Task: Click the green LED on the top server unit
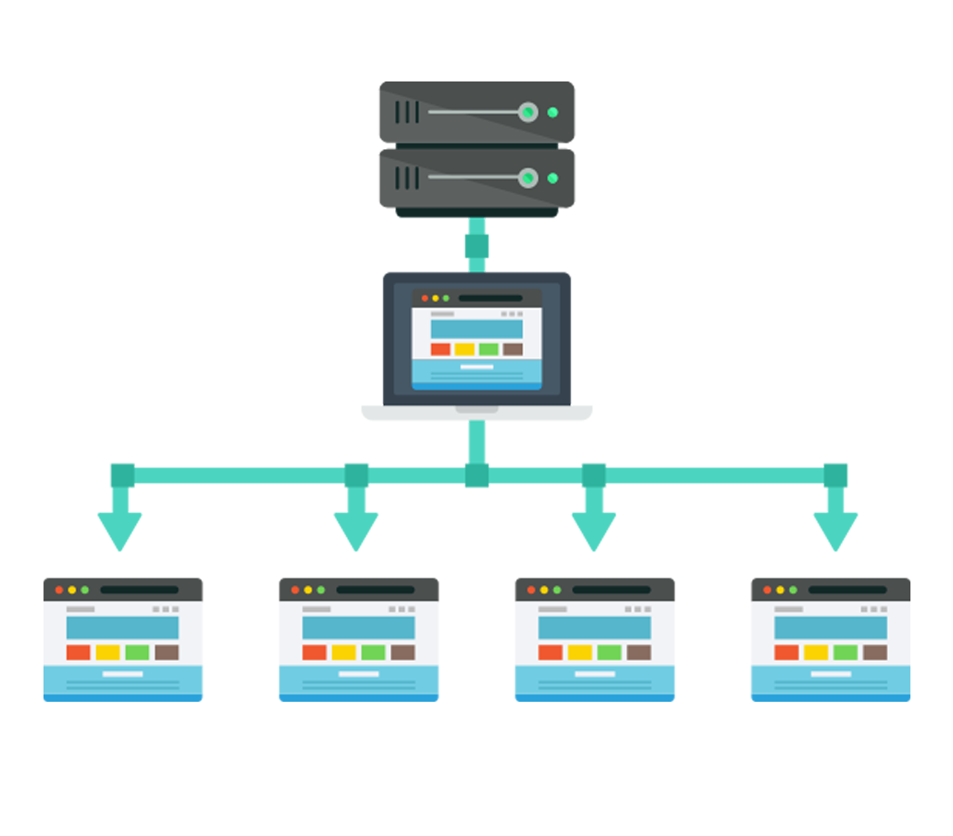click(x=552, y=112)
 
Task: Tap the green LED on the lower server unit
click(x=552, y=178)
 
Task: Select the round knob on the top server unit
click(x=527, y=112)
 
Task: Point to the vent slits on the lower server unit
click(x=407, y=178)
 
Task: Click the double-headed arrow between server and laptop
click(x=476, y=245)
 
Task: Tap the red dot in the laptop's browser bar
click(x=425, y=298)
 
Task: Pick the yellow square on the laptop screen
click(x=464, y=349)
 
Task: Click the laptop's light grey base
click(x=476, y=413)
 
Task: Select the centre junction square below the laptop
click(x=477, y=476)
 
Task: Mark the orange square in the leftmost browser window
click(x=79, y=653)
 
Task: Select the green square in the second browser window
click(x=373, y=653)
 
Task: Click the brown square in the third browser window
click(x=638, y=653)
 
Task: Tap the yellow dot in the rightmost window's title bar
click(x=780, y=590)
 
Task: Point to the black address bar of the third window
click(x=611, y=590)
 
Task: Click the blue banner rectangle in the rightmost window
click(x=830, y=628)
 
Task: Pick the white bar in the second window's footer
click(x=359, y=674)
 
